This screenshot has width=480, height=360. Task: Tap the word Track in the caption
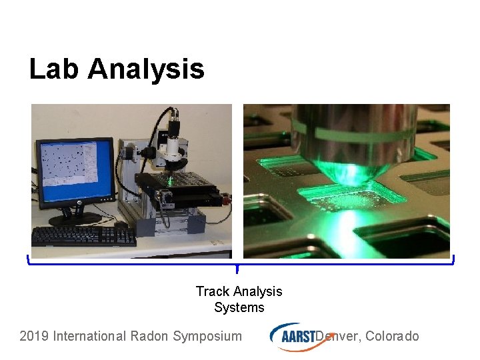click(212, 291)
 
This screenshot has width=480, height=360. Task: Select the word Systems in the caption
click(239, 307)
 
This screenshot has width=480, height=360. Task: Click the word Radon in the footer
click(149, 336)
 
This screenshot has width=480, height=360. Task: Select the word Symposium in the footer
click(207, 336)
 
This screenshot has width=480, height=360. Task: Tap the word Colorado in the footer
click(392, 336)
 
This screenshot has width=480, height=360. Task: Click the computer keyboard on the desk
click(83, 235)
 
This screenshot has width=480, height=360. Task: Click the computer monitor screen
click(75, 171)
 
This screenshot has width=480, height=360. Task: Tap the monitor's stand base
click(75, 218)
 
